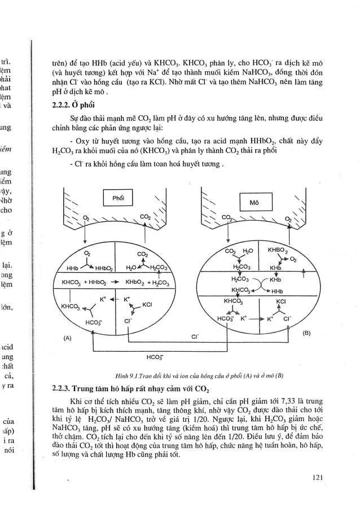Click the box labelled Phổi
tap(118, 198)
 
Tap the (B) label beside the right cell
tap(307, 333)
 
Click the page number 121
tap(317, 478)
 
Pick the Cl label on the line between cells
tap(194, 337)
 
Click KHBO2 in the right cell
tap(278, 249)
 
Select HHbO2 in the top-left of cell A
tap(103, 269)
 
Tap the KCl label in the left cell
tap(148, 304)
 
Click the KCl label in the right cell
tap(280, 302)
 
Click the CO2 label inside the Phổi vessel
tap(144, 216)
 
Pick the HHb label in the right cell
tap(277, 291)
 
